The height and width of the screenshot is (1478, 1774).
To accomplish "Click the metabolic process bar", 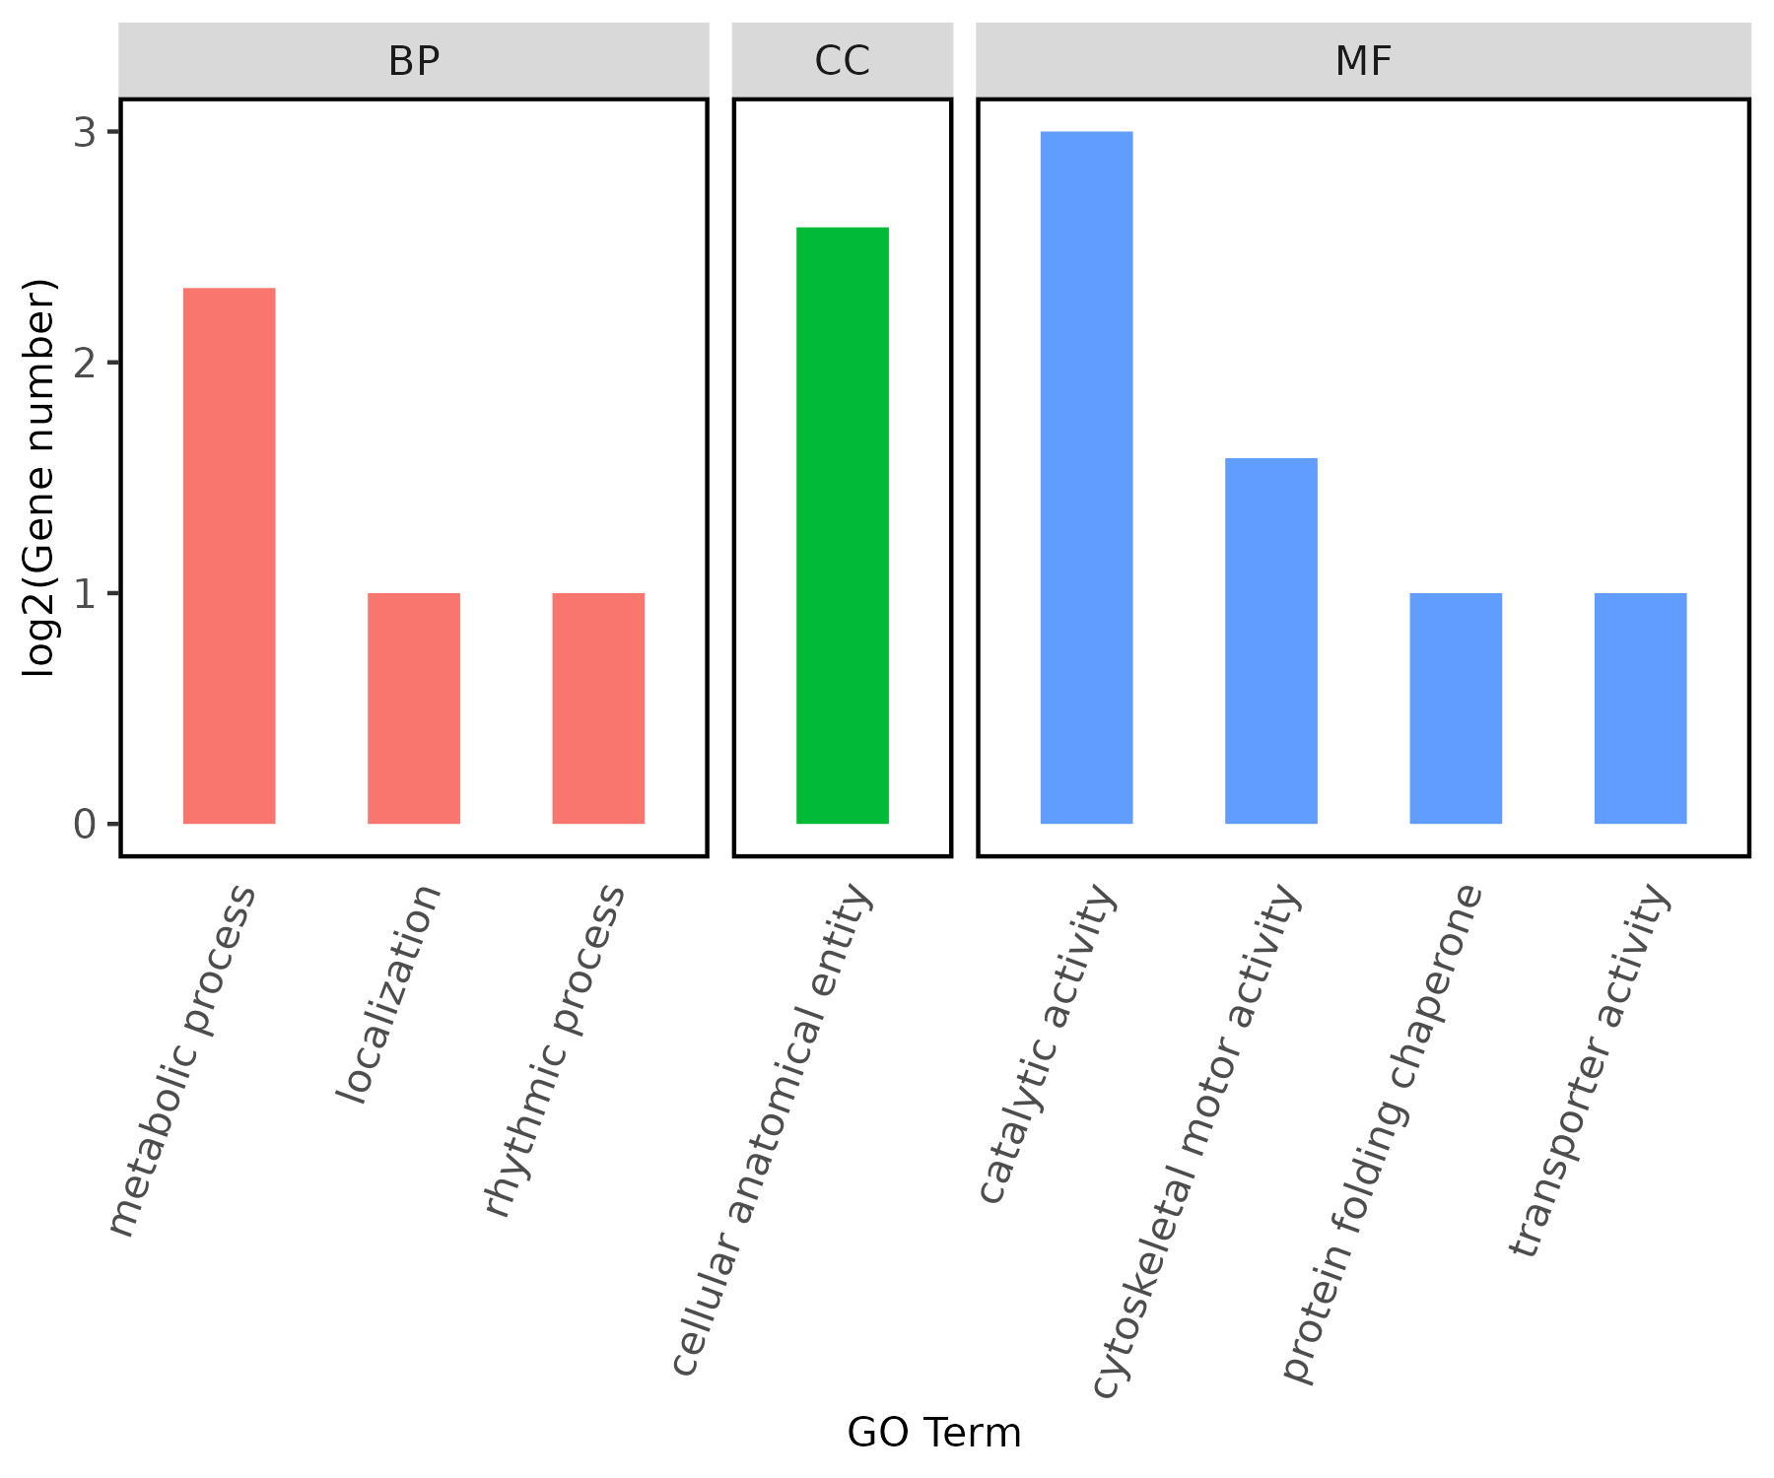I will click(x=229, y=556).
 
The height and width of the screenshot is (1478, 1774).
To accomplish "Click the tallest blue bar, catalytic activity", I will click(x=1086, y=477).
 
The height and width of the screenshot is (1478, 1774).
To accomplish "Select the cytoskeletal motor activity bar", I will click(x=1271, y=640).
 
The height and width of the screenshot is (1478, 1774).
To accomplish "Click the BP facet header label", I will click(x=414, y=61).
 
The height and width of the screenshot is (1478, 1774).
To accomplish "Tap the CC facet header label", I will click(x=843, y=61).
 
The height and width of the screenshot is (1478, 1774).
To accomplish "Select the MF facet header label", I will click(x=1363, y=61).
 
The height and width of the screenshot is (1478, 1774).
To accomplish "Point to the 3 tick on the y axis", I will click(x=85, y=132).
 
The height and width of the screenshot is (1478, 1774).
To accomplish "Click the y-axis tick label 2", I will click(x=85, y=363).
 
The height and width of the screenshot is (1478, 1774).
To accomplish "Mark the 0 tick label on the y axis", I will click(x=85, y=824).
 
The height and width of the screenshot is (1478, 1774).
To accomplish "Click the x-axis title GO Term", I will click(x=934, y=1433).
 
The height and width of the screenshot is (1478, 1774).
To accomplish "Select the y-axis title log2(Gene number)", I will click(x=39, y=479).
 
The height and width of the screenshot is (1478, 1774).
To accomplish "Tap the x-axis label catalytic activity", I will click(x=1047, y=1044).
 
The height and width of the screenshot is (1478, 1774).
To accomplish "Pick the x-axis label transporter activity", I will click(x=1589, y=1071).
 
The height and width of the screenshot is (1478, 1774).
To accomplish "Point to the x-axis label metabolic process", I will click(x=181, y=1060).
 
